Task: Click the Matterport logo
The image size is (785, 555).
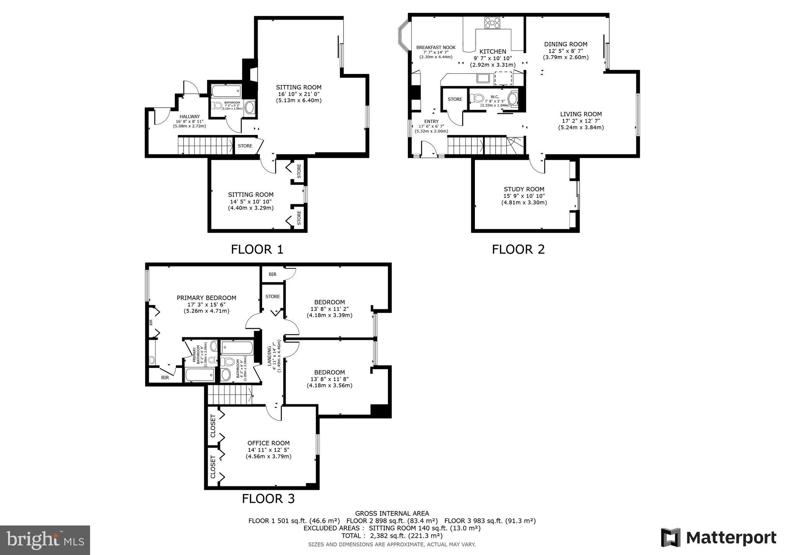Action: [718, 537]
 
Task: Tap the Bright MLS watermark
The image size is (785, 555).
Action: [45, 540]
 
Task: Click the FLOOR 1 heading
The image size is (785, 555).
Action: [257, 250]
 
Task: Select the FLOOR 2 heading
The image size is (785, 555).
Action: [518, 250]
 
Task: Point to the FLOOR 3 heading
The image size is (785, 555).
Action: [268, 499]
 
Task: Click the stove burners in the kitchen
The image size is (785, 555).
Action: [492, 23]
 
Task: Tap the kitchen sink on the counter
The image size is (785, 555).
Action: [483, 79]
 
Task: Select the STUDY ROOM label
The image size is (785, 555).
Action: [524, 189]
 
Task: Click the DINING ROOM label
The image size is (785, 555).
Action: [565, 44]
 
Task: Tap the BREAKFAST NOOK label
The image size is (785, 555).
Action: [436, 48]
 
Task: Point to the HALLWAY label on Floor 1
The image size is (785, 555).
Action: [189, 117]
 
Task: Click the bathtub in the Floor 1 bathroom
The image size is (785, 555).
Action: [225, 92]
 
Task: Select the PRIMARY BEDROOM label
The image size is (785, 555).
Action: [206, 298]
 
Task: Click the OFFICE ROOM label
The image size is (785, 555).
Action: [268, 443]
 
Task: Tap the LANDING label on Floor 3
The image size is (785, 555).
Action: [269, 355]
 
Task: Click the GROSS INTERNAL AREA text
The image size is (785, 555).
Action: [392, 513]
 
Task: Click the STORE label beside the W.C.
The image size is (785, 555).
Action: [455, 99]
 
